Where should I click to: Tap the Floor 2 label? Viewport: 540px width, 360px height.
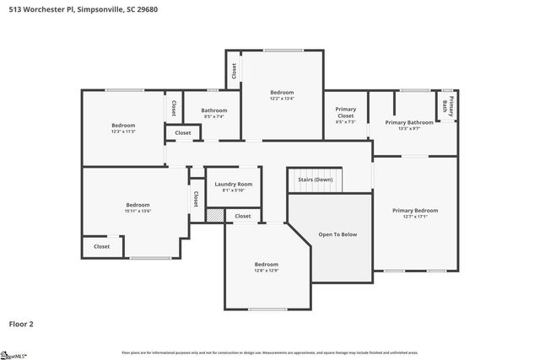21,323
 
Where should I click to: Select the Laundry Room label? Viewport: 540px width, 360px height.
233,184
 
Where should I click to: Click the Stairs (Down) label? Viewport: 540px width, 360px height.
315,180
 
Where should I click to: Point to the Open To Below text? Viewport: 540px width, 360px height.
337,234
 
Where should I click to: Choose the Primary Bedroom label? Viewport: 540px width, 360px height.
414,210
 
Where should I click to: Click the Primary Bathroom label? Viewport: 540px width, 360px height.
409,122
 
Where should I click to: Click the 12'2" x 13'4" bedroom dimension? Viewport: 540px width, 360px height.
282,99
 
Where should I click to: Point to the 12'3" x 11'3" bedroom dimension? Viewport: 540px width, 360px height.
123,132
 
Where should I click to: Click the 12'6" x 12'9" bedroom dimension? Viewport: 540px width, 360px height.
267,271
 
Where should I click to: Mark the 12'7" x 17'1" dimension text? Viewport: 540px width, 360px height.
414,217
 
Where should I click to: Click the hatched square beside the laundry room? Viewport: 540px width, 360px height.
215,216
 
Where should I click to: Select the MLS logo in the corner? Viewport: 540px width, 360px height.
13,353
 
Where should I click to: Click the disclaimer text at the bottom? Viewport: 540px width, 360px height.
269,352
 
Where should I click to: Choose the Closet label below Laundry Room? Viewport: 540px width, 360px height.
243,216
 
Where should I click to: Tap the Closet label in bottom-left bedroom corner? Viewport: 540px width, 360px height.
101,246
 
